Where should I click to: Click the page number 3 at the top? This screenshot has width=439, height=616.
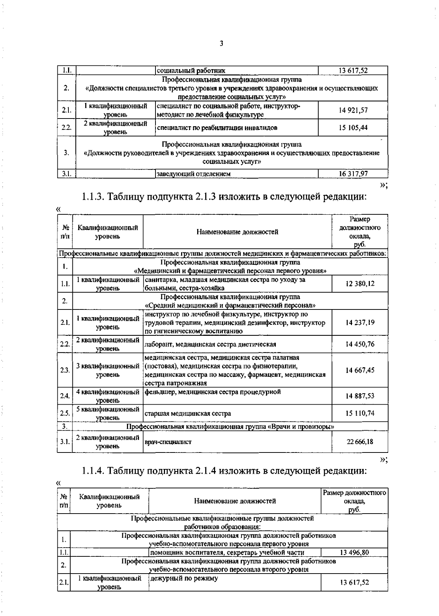coord(221,44)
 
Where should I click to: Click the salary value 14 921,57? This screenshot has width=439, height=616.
coord(353,110)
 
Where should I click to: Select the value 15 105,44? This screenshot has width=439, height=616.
coord(353,128)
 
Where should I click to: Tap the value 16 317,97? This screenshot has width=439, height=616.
coord(353,174)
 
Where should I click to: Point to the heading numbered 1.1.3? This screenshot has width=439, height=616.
coord(224,197)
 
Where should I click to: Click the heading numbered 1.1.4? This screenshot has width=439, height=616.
coord(224,470)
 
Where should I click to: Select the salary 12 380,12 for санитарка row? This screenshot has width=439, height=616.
coord(360,284)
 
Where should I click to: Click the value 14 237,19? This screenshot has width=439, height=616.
coord(360,323)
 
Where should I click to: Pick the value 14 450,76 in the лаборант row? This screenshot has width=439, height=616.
coord(360,344)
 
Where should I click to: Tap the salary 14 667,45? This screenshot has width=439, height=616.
coord(360,370)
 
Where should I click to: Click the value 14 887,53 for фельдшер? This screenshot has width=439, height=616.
coord(360,396)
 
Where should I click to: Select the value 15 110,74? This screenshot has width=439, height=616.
coord(360,413)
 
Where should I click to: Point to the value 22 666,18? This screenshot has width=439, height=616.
coord(360,442)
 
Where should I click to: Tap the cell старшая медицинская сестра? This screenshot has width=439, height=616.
coord(188,414)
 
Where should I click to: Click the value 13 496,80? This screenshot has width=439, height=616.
coord(354,553)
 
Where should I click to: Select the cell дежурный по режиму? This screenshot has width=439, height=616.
coord(184,578)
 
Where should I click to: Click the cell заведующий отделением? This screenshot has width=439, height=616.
coord(194,174)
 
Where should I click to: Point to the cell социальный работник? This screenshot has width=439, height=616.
coord(191,71)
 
